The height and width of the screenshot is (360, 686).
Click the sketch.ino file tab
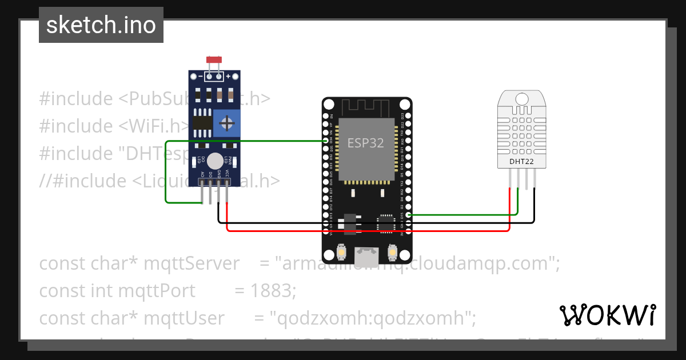pyautogui.click(x=101, y=25)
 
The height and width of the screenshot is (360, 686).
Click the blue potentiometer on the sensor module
pyautogui.click(x=228, y=123)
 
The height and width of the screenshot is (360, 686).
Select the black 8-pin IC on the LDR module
pyautogui.click(x=201, y=121)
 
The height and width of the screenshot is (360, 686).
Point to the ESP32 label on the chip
pyautogui.click(x=366, y=142)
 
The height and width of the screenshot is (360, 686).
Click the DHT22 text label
pyautogui.click(x=521, y=162)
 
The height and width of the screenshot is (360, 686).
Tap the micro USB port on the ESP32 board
pyautogui.click(x=366, y=255)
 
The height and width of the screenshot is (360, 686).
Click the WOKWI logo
pyautogui.click(x=607, y=315)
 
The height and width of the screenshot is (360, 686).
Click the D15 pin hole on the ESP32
pyautogui.click(x=407, y=215)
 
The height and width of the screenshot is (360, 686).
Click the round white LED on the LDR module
pyautogui.click(x=215, y=161)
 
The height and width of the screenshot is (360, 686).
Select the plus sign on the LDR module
pyautogui.click(x=228, y=76)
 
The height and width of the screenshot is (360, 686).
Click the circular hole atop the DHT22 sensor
pyautogui.click(x=521, y=99)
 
